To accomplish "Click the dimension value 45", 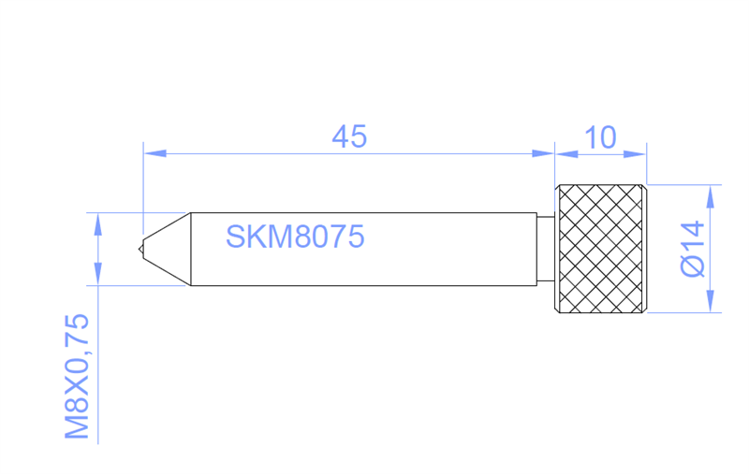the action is click(349, 136).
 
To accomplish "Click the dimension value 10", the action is click(600, 137).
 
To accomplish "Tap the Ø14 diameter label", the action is click(693, 249).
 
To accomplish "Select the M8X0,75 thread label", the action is click(77, 376).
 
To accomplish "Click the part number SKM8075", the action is click(295, 237).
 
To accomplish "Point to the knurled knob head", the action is click(600, 249).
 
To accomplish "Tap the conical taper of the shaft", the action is click(167, 249).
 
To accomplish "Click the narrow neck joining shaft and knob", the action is click(546, 249).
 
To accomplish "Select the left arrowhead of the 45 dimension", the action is click(154, 153).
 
